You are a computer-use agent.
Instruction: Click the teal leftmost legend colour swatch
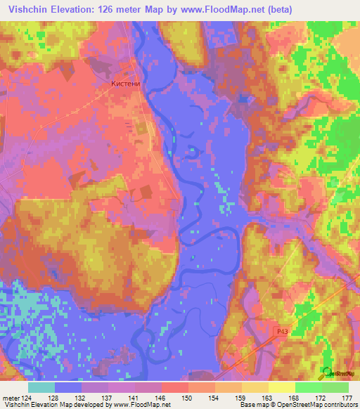41,387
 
